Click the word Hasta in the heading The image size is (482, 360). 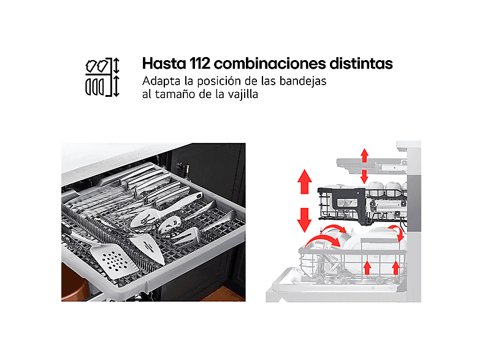[x=164, y=63]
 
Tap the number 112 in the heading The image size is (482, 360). [x=200, y=63]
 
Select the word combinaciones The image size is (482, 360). [x=270, y=63]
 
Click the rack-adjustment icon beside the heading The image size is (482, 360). [x=102, y=77]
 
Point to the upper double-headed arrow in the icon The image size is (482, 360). [x=116, y=66]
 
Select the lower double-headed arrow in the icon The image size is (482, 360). [x=116, y=86]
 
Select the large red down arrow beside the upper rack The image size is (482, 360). [x=305, y=220]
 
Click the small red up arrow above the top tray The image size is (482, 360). [x=365, y=156]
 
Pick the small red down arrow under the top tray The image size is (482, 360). [x=365, y=177]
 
